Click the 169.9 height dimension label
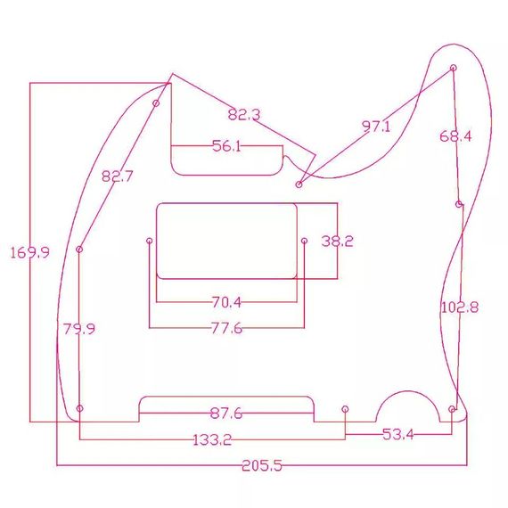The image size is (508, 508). pyautogui.click(x=29, y=252)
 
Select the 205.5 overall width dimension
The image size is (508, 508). pyautogui.click(x=262, y=466)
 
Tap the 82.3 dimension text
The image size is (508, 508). pyautogui.click(x=244, y=115)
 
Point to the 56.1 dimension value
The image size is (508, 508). pyautogui.click(x=226, y=146)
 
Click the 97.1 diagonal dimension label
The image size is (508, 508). pyautogui.click(x=376, y=126)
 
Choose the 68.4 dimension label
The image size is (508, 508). pyautogui.click(x=455, y=136)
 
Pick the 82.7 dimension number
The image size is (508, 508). pyautogui.click(x=118, y=176)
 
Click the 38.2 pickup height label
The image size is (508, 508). pyautogui.click(x=337, y=242)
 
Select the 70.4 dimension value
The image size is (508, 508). pyautogui.click(x=226, y=302)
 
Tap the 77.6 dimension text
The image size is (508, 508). pyautogui.click(x=226, y=328)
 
